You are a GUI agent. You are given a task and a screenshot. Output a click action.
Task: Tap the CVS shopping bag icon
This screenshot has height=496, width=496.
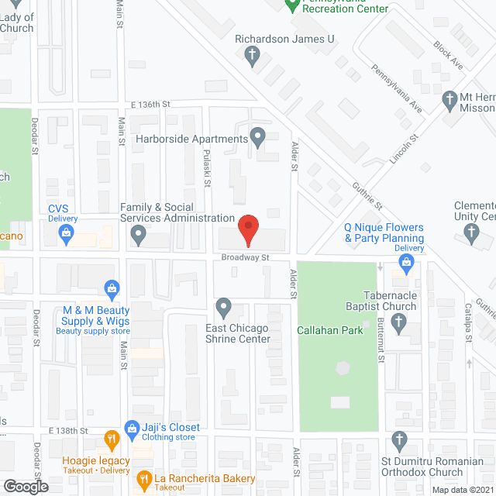pyautogui.click(x=67, y=232)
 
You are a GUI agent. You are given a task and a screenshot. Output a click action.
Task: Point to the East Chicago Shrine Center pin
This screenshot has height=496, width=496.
pyautogui.click(x=224, y=308)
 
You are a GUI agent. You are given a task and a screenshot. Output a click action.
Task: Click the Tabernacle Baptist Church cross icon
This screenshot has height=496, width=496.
pyautogui.click(x=400, y=324)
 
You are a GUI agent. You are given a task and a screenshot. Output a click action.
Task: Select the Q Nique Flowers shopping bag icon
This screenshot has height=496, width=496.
pyautogui.click(x=406, y=264)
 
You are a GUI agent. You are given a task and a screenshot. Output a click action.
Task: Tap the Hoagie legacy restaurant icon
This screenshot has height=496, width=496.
pyautogui.click(x=112, y=439)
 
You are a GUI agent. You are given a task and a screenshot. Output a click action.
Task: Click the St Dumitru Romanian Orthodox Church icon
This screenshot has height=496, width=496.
pyautogui.click(x=400, y=441)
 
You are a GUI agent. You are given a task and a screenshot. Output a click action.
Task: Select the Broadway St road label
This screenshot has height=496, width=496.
pyautogui.click(x=244, y=257)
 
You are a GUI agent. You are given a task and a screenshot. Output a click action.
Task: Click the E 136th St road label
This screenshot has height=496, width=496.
pyautogui.click(x=150, y=104)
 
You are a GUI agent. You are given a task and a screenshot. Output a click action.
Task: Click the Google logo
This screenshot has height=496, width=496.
pyautogui.click(x=26, y=486)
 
